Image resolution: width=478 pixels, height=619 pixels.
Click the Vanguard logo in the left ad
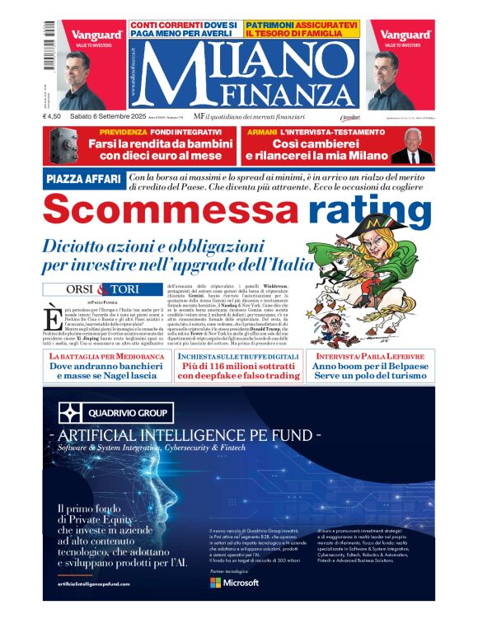click(96, 35)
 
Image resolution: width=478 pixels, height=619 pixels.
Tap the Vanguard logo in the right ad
click(405, 35)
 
